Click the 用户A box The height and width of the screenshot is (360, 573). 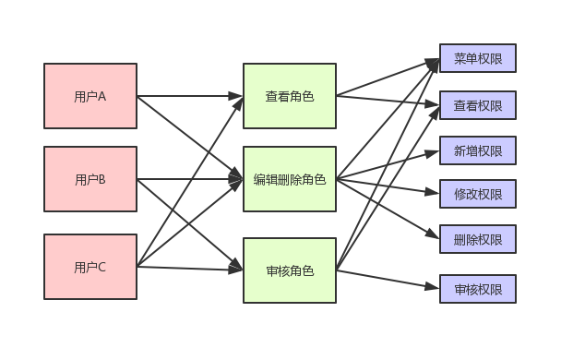click(90, 95)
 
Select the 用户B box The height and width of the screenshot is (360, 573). click(90, 179)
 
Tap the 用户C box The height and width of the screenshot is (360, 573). click(90, 267)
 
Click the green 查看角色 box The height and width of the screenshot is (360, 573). click(289, 95)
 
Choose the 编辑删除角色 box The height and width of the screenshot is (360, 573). click(289, 179)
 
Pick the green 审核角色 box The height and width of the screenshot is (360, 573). click(289, 270)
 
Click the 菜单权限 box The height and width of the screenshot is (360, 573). click(477, 58)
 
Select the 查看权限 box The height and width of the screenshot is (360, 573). click(477, 105)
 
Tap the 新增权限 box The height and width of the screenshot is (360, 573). click(477, 150)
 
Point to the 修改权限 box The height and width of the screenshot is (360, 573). click(477, 194)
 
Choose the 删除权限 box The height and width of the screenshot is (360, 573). click(477, 239)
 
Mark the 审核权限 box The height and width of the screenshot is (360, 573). click(477, 289)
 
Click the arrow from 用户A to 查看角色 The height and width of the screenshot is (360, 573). click(189, 95)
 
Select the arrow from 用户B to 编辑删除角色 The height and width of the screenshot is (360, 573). click(189, 179)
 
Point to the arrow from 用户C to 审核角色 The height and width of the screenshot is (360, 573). click(189, 269)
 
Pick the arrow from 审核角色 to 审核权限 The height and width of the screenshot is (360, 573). click(388, 280)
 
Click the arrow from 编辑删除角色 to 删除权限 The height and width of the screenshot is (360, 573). click(388, 209)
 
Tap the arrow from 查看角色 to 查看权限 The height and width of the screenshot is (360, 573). click(388, 100)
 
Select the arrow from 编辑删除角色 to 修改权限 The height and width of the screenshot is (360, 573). click(388, 186)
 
